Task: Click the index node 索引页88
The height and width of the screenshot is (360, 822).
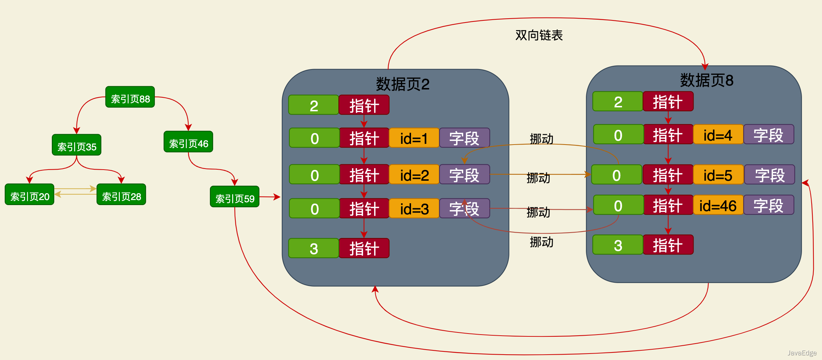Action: click(130, 97)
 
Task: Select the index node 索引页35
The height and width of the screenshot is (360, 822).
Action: click(77, 145)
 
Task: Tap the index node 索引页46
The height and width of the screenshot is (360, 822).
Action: click(188, 142)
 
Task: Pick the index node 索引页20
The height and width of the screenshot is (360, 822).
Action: click(29, 195)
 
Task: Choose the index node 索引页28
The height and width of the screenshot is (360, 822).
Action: click(121, 195)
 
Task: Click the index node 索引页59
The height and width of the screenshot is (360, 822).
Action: click(235, 197)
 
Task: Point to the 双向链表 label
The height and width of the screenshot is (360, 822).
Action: click(539, 35)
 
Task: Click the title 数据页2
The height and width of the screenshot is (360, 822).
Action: click(402, 84)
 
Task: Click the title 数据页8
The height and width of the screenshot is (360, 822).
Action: click(706, 80)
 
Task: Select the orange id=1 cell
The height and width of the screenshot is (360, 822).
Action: click(414, 138)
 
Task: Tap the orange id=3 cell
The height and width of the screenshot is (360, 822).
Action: click(414, 209)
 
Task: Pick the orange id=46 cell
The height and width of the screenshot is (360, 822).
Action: click(718, 205)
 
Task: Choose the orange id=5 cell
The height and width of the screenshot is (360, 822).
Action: click(718, 175)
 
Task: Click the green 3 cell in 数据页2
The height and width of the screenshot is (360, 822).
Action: click(313, 248)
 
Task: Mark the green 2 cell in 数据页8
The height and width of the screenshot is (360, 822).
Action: click(618, 102)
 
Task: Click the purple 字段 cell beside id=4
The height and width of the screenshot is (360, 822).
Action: click(768, 135)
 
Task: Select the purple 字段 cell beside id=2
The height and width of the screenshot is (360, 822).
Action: click(464, 175)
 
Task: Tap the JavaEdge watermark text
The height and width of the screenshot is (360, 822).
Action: click(802, 353)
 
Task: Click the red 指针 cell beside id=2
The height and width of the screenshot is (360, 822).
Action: click(364, 175)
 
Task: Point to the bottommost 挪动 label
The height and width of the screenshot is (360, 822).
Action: click(541, 242)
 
